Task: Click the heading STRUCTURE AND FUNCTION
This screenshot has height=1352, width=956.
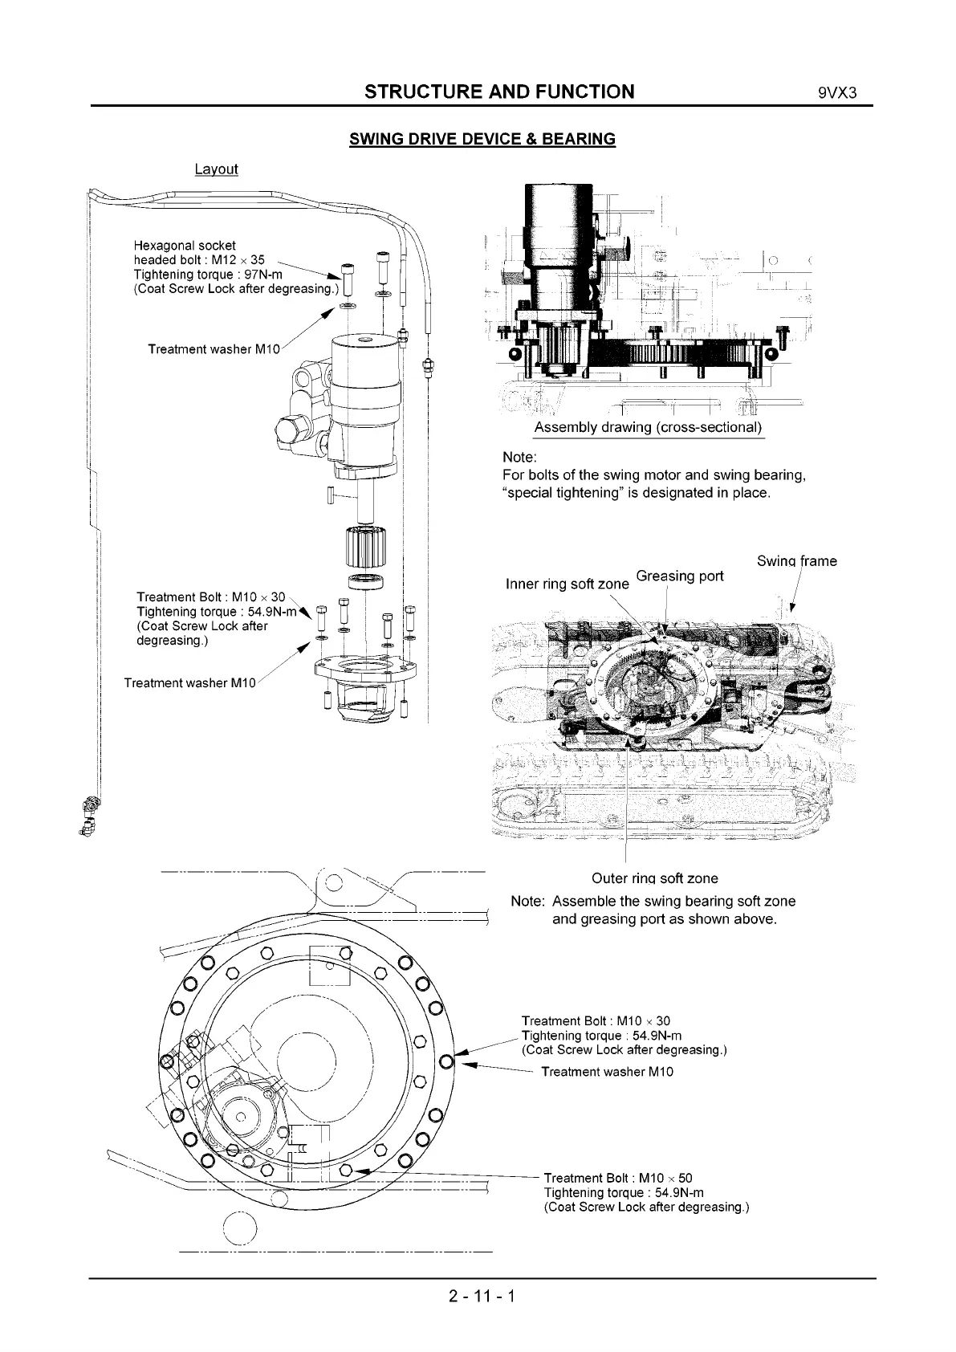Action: pyautogui.click(x=499, y=92)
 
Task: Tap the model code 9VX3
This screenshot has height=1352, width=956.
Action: pyautogui.click(x=838, y=92)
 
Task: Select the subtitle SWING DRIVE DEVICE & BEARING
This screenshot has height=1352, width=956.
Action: pyautogui.click(x=482, y=139)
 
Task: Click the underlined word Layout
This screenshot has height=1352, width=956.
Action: pyautogui.click(x=216, y=169)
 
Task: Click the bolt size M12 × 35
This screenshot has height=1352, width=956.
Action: pyautogui.click(x=238, y=260)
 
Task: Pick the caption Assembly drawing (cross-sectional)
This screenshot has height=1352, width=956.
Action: pyautogui.click(x=648, y=427)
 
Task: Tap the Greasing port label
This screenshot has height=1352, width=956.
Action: pyautogui.click(x=679, y=576)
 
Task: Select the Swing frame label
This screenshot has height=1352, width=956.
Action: pyautogui.click(x=796, y=561)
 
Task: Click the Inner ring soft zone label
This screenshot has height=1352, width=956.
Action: pyautogui.click(x=567, y=584)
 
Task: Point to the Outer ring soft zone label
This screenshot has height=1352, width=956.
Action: pyautogui.click(x=654, y=878)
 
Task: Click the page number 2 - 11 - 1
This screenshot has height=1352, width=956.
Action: pyautogui.click(x=482, y=1295)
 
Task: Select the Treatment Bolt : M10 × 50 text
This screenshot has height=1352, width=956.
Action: pyautogui.click(x=618, y=1179)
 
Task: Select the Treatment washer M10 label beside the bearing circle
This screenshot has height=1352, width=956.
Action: pyautogui.click(x=607, y=1072)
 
